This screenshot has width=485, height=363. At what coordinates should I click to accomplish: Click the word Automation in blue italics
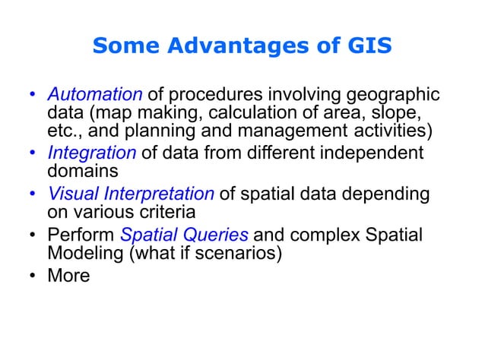pyautogui.click(x=95, y=96)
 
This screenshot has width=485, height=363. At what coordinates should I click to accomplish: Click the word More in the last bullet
pyautogui.click(x=68, y=275)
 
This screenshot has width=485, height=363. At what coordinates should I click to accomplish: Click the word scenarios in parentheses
pyautogui.click(x=242, y=254)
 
